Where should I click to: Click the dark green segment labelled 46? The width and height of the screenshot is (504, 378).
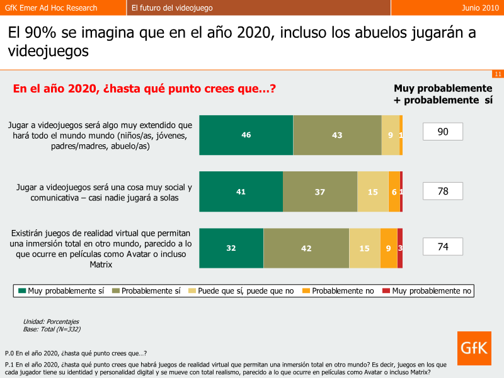pos(246,135)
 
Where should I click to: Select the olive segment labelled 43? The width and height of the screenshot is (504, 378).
pos(337,135)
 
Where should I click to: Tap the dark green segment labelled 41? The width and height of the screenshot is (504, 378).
pos(241,192)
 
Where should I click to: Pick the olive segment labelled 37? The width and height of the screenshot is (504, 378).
pos(320,192)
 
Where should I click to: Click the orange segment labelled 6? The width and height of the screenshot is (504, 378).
pos(394,192)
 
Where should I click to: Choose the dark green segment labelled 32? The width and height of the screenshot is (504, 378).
pos(231,248)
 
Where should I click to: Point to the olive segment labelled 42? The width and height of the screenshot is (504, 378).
pos(306,248)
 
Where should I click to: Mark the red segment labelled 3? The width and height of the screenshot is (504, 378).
pos(400,248)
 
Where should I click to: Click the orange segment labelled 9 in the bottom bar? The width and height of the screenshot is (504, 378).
pos(389,248)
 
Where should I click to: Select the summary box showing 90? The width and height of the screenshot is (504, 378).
pos(443,132)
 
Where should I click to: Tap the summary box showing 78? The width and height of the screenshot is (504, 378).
pos(443,191)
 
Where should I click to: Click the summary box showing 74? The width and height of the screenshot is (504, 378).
pos(443,246)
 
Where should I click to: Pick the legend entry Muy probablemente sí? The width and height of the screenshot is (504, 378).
pos(61,291)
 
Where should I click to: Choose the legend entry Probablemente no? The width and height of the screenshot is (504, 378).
pos(338,291)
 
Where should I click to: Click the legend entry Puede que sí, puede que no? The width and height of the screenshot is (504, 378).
pos(241,291)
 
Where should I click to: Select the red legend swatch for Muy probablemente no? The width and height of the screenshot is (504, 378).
pos(386,290)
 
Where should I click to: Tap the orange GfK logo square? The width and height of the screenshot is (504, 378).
pos(474,348)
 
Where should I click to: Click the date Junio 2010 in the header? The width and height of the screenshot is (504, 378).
pos(480,8)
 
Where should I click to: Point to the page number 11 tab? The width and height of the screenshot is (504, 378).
pos(498,74)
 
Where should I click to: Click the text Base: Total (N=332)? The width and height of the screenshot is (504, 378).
pos(52,329)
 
